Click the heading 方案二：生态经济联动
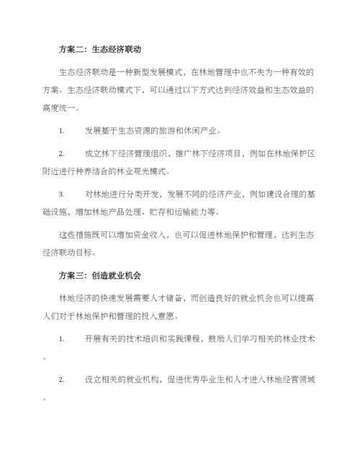[x=99, y=50]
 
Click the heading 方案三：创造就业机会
[x=99, y=276]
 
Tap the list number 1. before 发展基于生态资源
[x=62, y=131]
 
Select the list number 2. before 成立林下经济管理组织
[x=62, y=153]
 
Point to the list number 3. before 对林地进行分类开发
[x=62, y=194]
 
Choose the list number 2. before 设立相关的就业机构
[x=62, y=380]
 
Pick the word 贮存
[x=150, y=212]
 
